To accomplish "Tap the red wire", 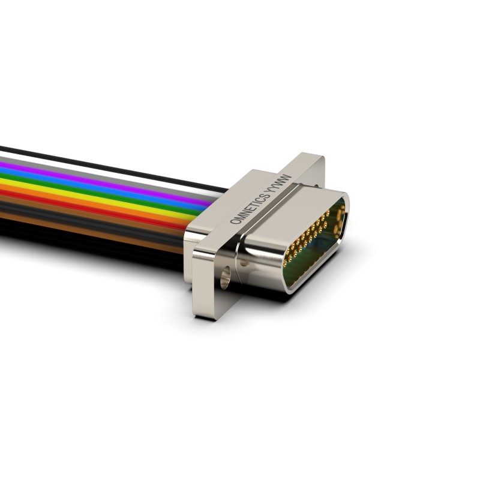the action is (92, 206).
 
